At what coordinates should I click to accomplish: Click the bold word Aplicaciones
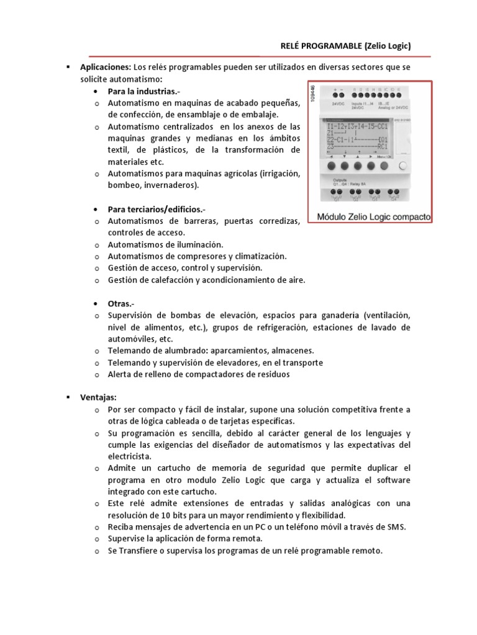coord(104,67)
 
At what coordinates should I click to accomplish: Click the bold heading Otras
coord(120,304)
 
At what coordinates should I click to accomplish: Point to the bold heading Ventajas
coord(99,397)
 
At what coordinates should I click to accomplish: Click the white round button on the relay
coord(404,166)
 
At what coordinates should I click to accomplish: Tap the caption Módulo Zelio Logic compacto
coord(374,218)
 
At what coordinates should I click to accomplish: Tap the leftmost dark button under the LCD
coord(330,166)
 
